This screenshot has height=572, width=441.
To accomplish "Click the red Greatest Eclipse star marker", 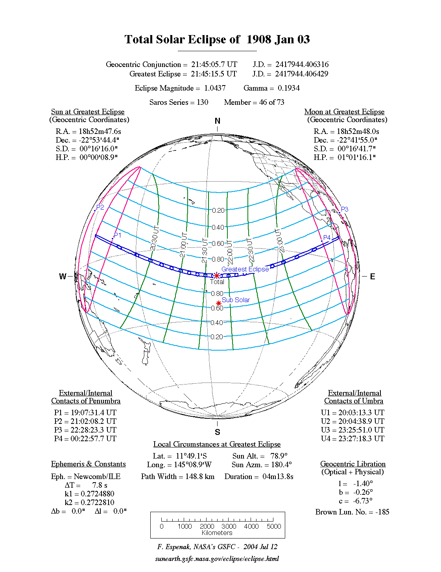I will [x=216, y=276].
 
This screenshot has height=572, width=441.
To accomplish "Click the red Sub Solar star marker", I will [x=219, y=303].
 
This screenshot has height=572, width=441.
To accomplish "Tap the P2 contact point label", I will [x=100, y=208].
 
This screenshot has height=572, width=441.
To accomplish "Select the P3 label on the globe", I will [x=344, y=209].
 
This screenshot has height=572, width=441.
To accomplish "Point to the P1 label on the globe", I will [x=117, y=235].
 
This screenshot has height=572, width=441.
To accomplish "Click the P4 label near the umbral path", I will [x=327, y=238].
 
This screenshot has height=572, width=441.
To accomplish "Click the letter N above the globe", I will [x=218, y=121].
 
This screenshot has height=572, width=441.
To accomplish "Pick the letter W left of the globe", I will [x=63, y=277].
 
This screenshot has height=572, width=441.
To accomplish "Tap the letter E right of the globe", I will [x=372, y=277].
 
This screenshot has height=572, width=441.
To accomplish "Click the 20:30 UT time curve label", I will [x=155, y=238].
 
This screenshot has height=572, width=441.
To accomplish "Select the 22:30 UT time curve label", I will [x=250, y=250].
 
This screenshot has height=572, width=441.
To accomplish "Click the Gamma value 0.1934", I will [x=289, y=88].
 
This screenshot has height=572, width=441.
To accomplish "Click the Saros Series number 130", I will [x=203, y=102].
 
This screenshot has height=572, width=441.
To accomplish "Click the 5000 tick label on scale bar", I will [x=274, y=526].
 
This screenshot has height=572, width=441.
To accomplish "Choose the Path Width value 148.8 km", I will [x=200, y=477].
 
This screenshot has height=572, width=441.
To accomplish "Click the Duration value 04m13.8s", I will [x=278, y=477].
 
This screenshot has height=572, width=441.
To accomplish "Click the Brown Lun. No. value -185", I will [x=382, y=512].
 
